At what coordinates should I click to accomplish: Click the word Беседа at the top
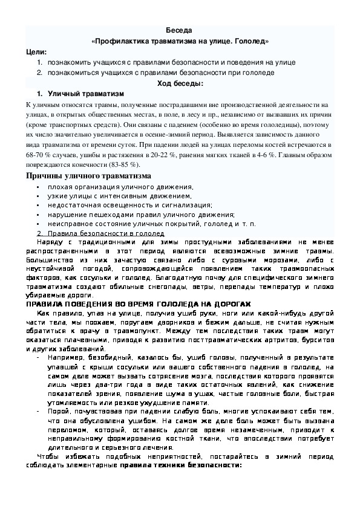(180, 30)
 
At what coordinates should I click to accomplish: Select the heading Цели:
(36, 52)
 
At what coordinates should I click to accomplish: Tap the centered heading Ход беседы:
(180, 83)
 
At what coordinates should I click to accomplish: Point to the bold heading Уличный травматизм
(85, 94)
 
